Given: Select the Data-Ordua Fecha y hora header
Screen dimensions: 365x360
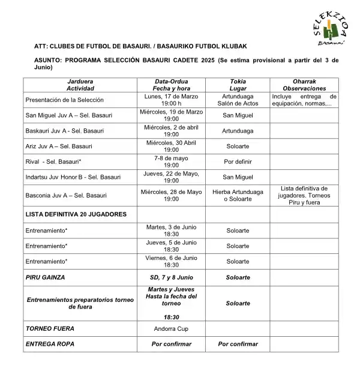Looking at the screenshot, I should pyautogui.click(x=171, y=84).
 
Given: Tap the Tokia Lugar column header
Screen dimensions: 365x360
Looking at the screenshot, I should pyautogui.click(x=238, y=84).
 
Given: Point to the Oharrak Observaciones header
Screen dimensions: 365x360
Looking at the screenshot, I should pyautogui.click(x=304, y=84).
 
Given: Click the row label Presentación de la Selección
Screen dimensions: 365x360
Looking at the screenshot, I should pyautogui.click(x=65, y=100).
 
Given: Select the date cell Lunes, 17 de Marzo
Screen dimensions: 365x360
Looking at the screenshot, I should pyautogui.click(x=171, y=100).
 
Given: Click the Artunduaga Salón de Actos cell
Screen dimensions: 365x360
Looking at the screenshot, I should pyautogui.click(x=238, y=100).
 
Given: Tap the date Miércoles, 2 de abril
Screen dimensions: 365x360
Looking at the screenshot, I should pyautogui.click(x=171, y=131).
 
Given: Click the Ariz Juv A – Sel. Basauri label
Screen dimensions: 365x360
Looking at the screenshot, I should pyautogui.click(x=59, y=146).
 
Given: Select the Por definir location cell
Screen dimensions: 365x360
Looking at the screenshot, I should pyautogui.click(x=238, y=161).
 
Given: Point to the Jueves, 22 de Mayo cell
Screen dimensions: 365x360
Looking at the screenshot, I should pyautogui.click(x=171, y=176).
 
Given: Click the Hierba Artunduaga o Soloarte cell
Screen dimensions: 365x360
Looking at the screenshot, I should pyautogui.click(x=238, y=195).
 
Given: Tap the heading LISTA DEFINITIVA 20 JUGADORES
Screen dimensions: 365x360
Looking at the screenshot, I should pyautogui.click(x=76, y=214).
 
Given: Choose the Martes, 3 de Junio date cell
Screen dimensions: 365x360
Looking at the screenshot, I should pyautogui.click(x=171, y=230).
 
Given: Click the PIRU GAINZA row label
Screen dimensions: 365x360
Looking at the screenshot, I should pyautogui.click(x=45, y=277).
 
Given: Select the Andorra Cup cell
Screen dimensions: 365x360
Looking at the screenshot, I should pyautogui.click(x=171, y=329).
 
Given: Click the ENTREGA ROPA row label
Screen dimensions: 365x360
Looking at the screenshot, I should pyautogui.click(x=50, y=344).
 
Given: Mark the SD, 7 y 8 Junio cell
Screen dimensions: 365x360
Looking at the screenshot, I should pyautogui.click(x=171, y=277).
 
